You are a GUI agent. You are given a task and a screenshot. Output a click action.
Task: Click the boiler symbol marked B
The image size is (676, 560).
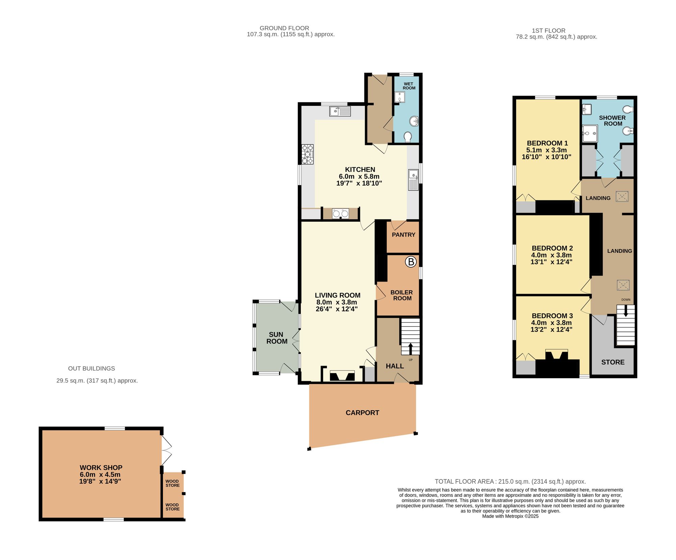tap(411, 262)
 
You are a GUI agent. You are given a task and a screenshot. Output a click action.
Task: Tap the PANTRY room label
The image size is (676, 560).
tap(403, 235)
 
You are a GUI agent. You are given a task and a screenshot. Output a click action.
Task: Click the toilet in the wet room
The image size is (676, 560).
tap(408, 137)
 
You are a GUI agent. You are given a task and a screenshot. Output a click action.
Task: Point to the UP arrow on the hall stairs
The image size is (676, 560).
tap(411, 348)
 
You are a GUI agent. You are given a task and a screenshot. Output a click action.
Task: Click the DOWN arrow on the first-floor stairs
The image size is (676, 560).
tap(626, 311)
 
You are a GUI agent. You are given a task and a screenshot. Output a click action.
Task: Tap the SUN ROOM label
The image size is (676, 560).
tap(276, 338)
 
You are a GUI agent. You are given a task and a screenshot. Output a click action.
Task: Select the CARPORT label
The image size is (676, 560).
tap(362, 413)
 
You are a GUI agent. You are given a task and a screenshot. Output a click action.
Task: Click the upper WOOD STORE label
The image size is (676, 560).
tap(172, 483)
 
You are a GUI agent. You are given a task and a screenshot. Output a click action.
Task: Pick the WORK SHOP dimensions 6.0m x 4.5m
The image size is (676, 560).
tap(100, 474)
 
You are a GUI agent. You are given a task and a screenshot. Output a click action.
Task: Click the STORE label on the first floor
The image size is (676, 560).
tap(612, 362)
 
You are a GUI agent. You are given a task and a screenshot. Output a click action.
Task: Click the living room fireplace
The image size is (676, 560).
tap(342, 375)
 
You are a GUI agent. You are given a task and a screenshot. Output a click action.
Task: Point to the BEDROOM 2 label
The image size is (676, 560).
tap(552, 248)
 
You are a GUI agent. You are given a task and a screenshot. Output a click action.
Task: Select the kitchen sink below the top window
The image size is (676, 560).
tap(340, 111)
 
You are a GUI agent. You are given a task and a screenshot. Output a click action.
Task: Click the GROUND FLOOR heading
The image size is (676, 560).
tap(284, 28)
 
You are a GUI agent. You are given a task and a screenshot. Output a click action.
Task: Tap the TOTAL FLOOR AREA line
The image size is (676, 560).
tap(510, 481)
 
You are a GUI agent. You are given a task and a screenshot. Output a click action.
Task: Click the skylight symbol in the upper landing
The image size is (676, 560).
tap(622, 196)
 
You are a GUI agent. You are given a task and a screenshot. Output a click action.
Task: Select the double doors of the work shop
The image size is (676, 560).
tap(167, 450)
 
